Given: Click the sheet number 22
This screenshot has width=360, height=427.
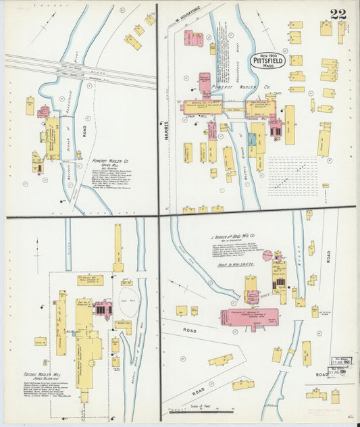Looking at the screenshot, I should point(340,14).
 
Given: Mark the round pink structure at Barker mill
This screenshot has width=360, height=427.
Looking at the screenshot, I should point(267,255).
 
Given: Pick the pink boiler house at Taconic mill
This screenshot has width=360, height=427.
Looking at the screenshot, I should point(102,309).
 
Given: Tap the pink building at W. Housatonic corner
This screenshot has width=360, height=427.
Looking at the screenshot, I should point(194,39).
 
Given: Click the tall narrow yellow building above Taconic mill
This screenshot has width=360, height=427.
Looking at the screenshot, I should point(118,248).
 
